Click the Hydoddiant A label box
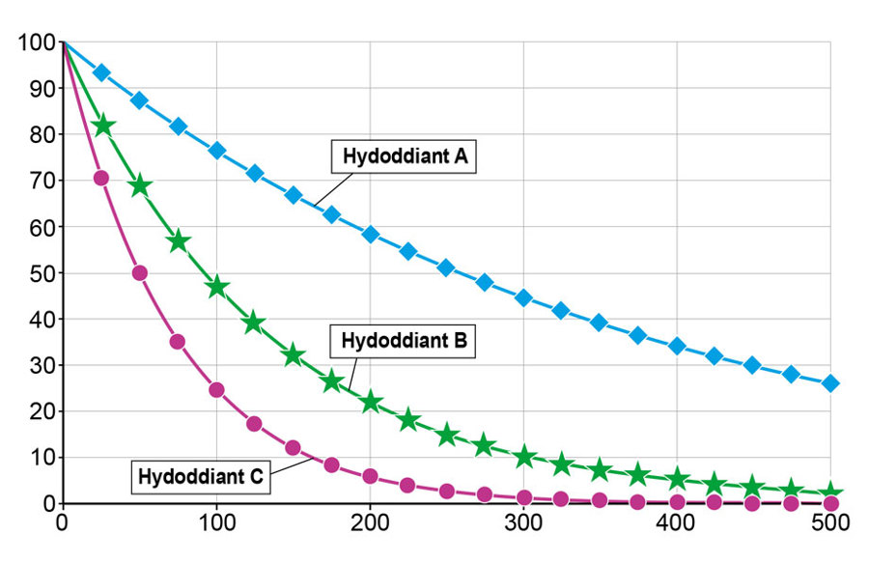(406, 156)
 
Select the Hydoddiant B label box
(405, 341)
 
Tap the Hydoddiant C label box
(201, 477)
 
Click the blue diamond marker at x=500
(830, 383)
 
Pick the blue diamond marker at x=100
(216, 151)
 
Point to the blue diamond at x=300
(523, 297)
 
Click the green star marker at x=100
(216, 287)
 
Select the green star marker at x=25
(101, 127)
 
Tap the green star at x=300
(523, 457)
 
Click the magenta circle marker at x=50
(139, 273)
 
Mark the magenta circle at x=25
(100, 178)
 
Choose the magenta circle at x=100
(216, 390)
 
